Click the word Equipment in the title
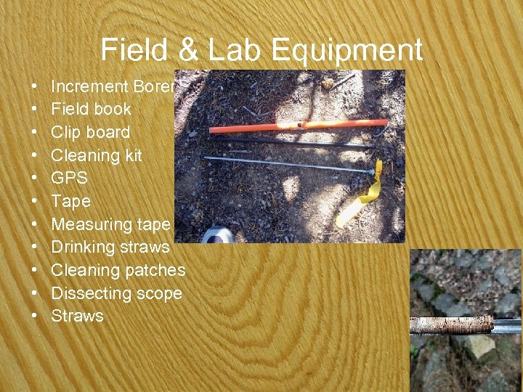(x=346, y=51)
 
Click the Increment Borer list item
(x=113, y=86)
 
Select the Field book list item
(x=91, y=110)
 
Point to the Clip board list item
(x=90, y=132)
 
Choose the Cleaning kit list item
(x=96, y=155)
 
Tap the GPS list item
(x=69, y=179)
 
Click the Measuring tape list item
(x=110, y=224)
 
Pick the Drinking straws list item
(x=110, y=248)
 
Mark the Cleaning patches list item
(x=118, y=270)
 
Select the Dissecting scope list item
(x=116, y=293)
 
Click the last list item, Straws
(x=77, y=316)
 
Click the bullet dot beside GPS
(x=36, y=179)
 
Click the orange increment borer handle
(x=298, y=126)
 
